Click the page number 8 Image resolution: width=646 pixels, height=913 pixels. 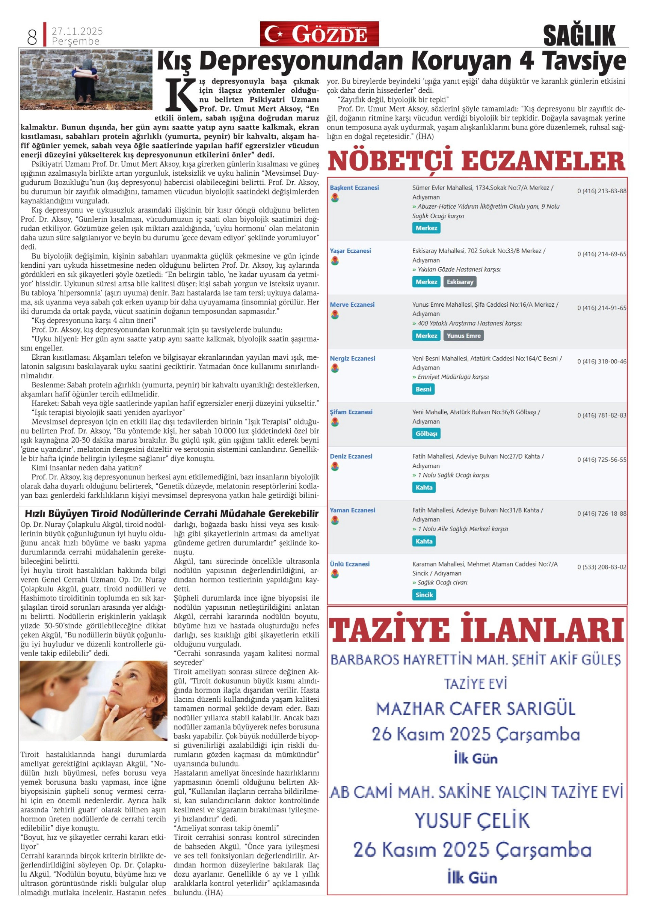pyautogui.click(x=32, y=37)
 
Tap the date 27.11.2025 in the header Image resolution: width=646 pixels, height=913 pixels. pyautogui.click(x=77, y=31)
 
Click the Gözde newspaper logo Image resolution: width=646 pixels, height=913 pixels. pyautogui.click(x=319, y=34)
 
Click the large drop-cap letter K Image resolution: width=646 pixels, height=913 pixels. pyautogui.click(x=181, y=95)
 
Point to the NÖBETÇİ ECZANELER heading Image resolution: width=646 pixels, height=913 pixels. pyautogui.click(x=476, y=161)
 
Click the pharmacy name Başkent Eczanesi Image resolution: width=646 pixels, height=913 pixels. pyautogui.click(x=354, y=188)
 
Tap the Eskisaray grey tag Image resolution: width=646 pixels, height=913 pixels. pyautogui.click(x=460, y=282)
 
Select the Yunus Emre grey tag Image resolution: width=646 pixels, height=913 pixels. pyautogui.click(x=463, y=336)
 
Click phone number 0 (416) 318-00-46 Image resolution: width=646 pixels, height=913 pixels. pyautogui.click(x=601, y=361)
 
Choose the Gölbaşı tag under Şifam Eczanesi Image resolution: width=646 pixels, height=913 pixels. pyautogui.click(x=426, y=433)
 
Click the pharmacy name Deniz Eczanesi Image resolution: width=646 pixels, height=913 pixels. pyautogui.click(x=351, y=456)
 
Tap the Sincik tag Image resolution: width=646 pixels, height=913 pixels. pyautogui.click(x=424, y=594)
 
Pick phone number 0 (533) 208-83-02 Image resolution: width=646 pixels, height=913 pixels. pyautogui.click(x=601, y=567)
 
